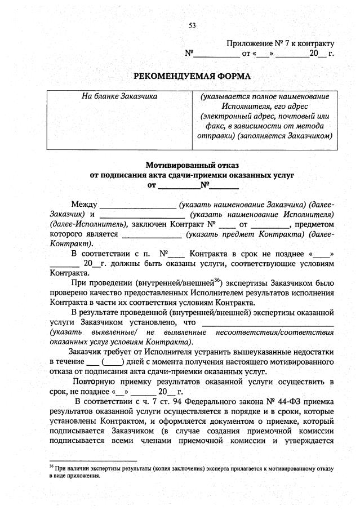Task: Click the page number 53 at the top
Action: click(192, 25)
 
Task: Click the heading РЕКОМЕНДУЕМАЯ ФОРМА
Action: click(192, 76)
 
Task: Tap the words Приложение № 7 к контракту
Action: click(280, 43)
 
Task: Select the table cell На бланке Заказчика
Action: click(119, 96)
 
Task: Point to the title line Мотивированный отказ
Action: click(192, 166)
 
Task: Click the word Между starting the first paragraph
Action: click(85, 203)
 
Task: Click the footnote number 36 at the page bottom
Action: click(51, 467)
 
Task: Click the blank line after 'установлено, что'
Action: click(268, 323)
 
